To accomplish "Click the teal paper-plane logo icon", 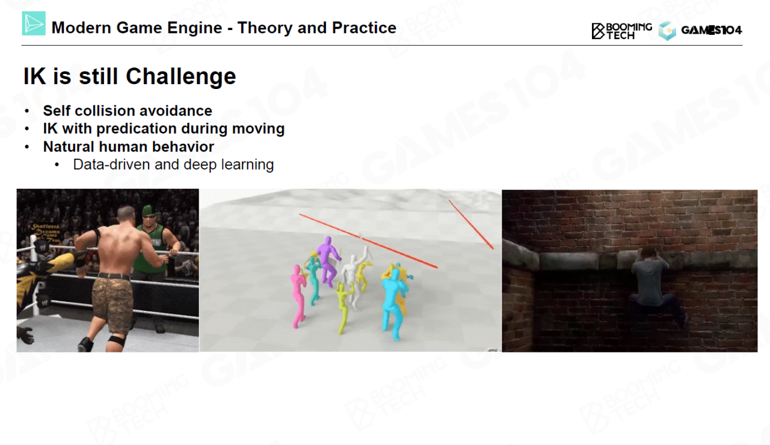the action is tap(34, 23).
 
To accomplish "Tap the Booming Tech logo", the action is tap(621, 31).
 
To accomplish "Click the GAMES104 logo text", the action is tap(711, 30).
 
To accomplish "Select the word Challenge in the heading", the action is tap(181, 76).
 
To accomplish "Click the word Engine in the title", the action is tap(194, 28).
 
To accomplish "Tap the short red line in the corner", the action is tap(471, 224).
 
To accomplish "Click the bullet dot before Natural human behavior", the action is tap(28, 147).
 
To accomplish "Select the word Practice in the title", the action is tap(364, 28).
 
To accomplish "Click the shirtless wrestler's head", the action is tap(126, 216).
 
